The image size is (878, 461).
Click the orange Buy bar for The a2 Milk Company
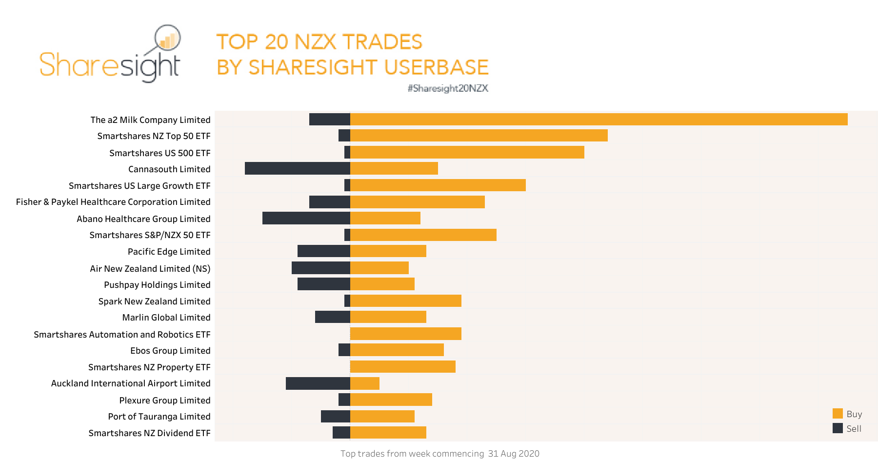(x=599, y=120)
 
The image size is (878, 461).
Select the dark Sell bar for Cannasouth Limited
(x=298, y=168)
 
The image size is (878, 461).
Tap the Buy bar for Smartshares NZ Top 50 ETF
(x=479, y=136)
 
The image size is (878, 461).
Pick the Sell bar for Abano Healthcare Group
(x=306, y=218)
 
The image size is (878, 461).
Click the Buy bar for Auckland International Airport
(x=365, y=383)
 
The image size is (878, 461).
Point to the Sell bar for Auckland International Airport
(x=318, y=383)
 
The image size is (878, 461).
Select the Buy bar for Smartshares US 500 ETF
(x=467, y=152)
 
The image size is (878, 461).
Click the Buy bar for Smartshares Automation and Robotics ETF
(x=406, y=334)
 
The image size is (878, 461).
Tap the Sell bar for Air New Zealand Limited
(x=321, y=268)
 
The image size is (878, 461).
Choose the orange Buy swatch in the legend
(x=838, y=414)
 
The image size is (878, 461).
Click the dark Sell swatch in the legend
(x=838, y=428)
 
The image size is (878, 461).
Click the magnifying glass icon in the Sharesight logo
(x=167, y=38)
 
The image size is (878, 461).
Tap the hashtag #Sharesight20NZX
(x=448, y=88)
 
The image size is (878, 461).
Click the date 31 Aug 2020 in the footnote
(x=514, y=454)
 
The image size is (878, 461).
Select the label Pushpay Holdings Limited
(x=157, y=285)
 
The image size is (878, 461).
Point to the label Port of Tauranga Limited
(x=159, y=417)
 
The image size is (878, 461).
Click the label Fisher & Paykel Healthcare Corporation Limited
(x=113, y=202)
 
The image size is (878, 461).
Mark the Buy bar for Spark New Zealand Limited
(x=406, y=301)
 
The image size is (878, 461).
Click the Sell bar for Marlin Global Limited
(x=333, y=317)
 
